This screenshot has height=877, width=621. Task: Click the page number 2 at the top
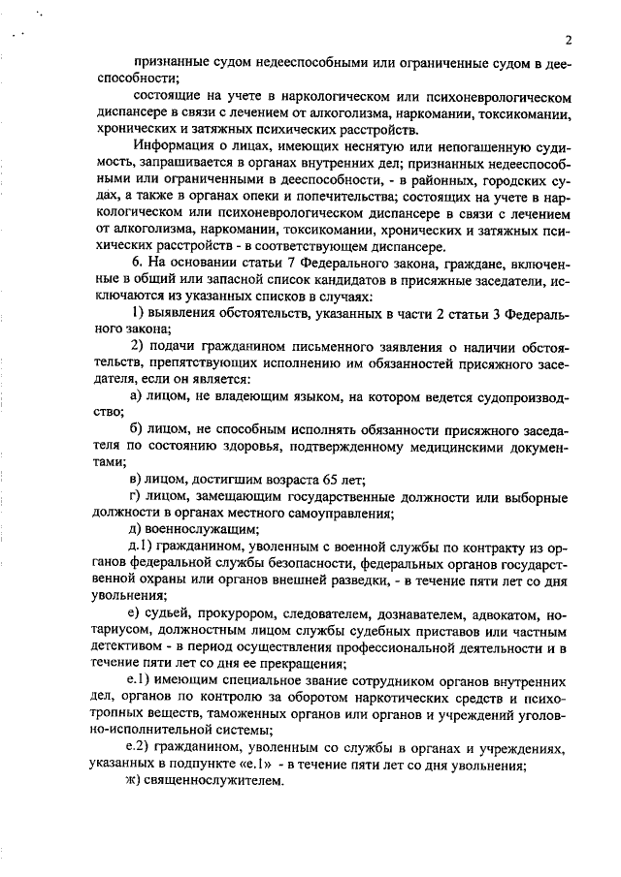567,41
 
